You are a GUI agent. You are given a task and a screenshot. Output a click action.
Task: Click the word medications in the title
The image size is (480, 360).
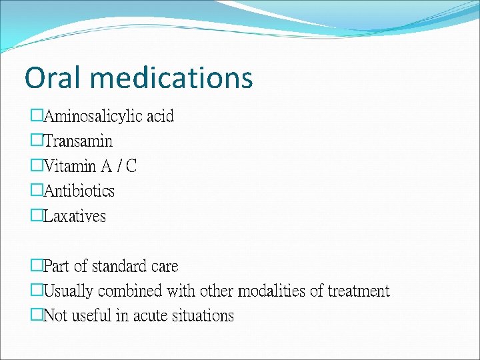(172, 77)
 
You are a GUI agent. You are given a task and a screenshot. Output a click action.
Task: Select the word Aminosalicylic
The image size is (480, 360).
(93, 117)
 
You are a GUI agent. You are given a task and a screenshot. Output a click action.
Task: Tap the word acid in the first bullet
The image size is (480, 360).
(160, 117)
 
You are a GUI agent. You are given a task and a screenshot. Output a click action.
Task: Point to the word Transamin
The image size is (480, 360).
(78, 141)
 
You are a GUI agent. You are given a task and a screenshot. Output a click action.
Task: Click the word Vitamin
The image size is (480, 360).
(70, 166)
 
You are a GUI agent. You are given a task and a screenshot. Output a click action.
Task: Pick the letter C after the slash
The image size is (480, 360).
(131, 166)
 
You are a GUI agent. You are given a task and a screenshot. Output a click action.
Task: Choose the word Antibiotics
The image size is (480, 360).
(79, 191)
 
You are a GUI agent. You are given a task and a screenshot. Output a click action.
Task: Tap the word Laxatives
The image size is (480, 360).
(74, 216)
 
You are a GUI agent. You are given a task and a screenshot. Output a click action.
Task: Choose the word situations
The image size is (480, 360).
(205, 316)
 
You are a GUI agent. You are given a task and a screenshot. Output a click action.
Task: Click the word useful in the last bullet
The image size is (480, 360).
(91, 316)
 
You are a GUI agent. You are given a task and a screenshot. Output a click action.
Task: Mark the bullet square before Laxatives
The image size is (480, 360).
(37, 215)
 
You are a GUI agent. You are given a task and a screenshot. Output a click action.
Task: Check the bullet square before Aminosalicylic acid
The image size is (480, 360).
(37, 116)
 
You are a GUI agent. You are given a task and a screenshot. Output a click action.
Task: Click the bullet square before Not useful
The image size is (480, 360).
(37, 315)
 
